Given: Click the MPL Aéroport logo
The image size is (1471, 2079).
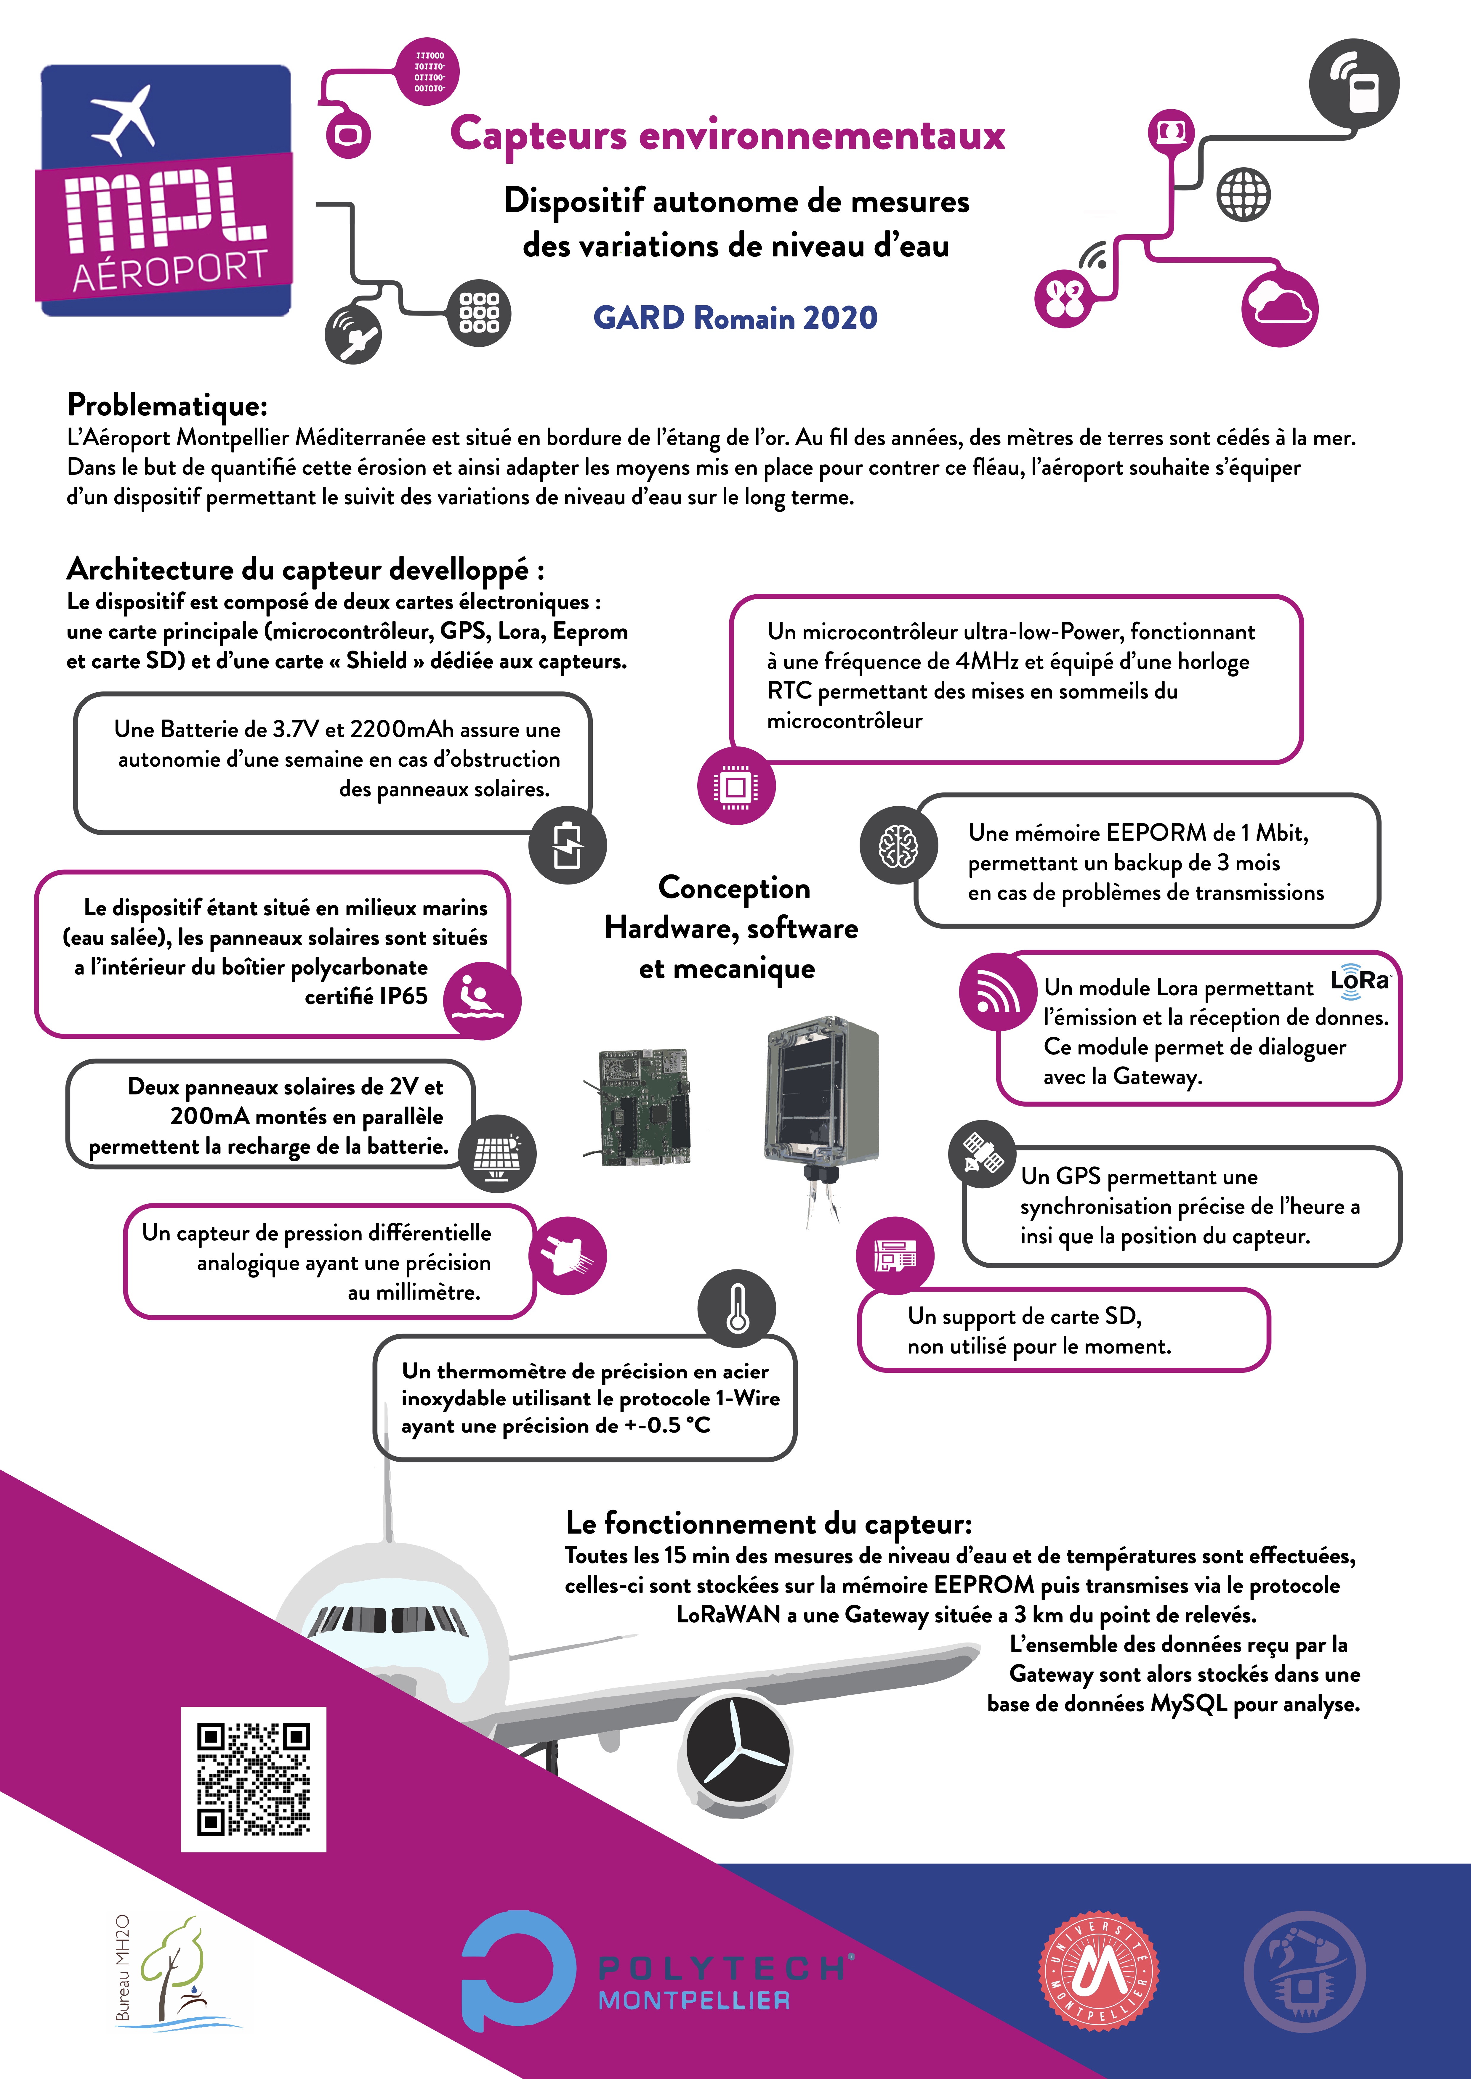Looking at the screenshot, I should [165, 190].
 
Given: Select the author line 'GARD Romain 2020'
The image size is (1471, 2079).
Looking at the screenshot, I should [735, 318].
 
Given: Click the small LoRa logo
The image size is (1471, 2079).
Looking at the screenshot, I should [1360, 981].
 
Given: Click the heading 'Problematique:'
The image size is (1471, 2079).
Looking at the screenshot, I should [168, 405].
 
